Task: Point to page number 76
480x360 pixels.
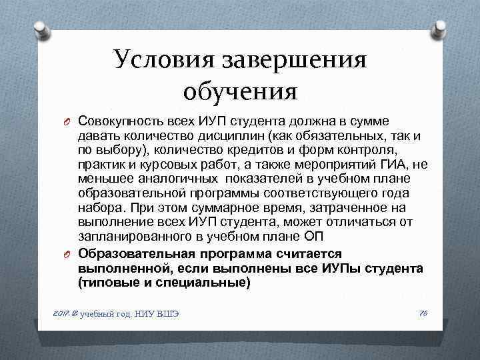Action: coord(421,313)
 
